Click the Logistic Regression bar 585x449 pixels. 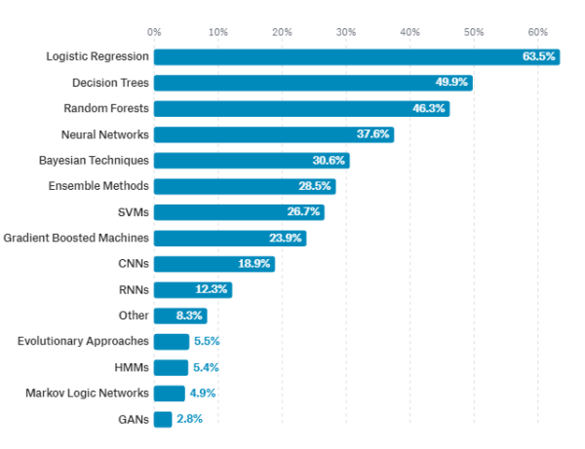(x=356, y=56)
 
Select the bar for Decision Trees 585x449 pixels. (x=313, y=83)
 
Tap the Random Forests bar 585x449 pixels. (x=301, y=108)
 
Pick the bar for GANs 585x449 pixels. (x=163, y=419)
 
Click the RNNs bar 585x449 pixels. (x=193, y=289)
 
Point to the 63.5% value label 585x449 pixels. (x=538, y=56)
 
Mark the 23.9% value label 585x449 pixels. (x=286, y=238)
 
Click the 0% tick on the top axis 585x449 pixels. (x=154, y=32)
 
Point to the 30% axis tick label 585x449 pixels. (x=346, y=32)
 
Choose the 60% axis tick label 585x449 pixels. (x=537, y=32)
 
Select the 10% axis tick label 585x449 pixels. (x=218, y=32)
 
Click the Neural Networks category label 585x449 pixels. (x=105, y=134)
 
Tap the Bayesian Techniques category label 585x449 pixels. (x=94, y=160)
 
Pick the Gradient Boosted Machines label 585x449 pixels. (x=76, y=238)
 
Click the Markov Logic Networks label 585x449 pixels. (x=87, y=393)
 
